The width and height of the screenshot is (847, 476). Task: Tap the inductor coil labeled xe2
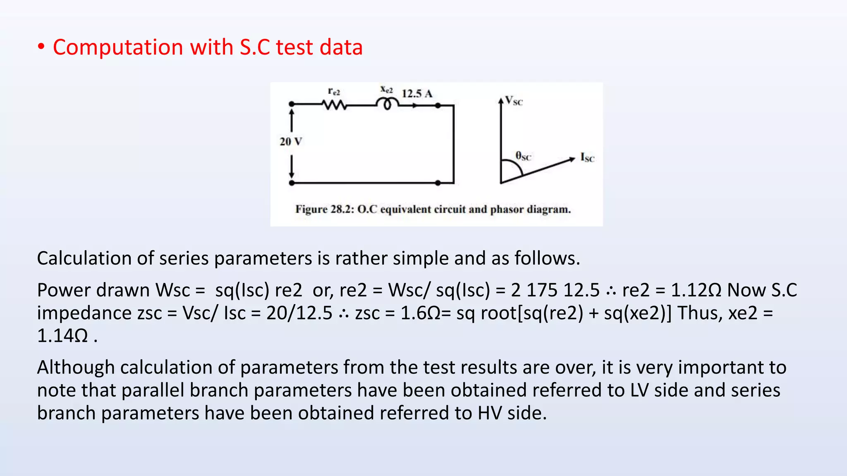pos(387,103)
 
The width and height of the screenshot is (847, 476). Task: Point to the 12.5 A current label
pos(417,94)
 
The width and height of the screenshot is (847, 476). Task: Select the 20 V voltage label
pos(291,142)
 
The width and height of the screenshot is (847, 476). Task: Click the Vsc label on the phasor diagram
pos(514,101)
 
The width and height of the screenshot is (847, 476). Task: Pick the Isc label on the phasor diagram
pos(587,157)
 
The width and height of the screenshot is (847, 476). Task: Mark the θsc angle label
pos(523,156)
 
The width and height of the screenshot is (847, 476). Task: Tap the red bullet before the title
pos(41,47)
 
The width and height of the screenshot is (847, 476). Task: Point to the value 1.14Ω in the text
pos(62,336)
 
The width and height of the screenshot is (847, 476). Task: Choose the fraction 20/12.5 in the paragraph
pos(299,313)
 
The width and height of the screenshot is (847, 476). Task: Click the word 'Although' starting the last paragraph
pos(76,367)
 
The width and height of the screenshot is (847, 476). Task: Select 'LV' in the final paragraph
pos(639,390)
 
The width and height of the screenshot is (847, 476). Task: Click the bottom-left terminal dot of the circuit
pos(292,183)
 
